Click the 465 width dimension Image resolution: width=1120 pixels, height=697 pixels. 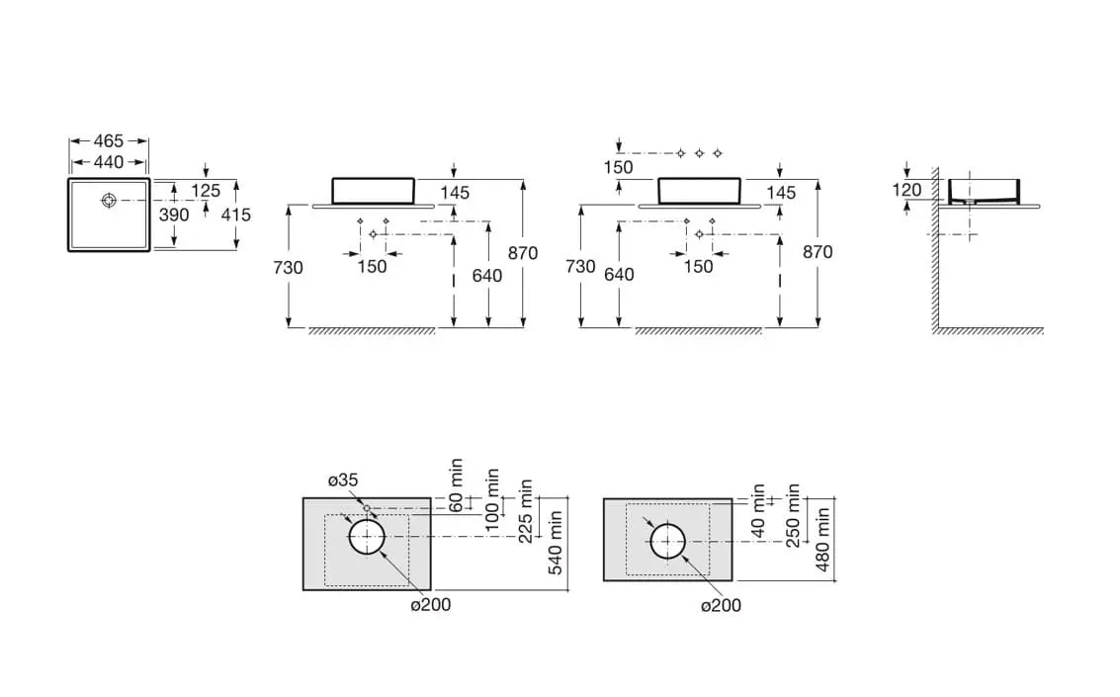(x=109, y=141)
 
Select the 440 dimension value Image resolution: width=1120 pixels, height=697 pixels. (x=109, y=162)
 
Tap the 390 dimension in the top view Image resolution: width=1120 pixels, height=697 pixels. (x=174, y=215)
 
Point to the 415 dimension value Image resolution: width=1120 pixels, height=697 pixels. (x=237, y=215)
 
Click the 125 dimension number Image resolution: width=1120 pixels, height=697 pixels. (x=206, y=191)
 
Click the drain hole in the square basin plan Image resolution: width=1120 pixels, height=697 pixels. (x=109, y=201)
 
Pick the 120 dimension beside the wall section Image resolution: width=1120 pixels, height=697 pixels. (x=906, y=190)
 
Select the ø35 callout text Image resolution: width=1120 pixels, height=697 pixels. (x=343, y=480)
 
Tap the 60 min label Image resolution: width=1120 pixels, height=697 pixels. (x=456, y=484)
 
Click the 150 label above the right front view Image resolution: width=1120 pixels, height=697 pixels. (x=618, y=168)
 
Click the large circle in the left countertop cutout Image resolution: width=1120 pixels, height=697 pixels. (x=367, y=538)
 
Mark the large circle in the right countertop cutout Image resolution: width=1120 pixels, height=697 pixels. (x=667, y=540)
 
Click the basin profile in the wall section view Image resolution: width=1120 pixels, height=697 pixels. (x=984, y=191)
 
